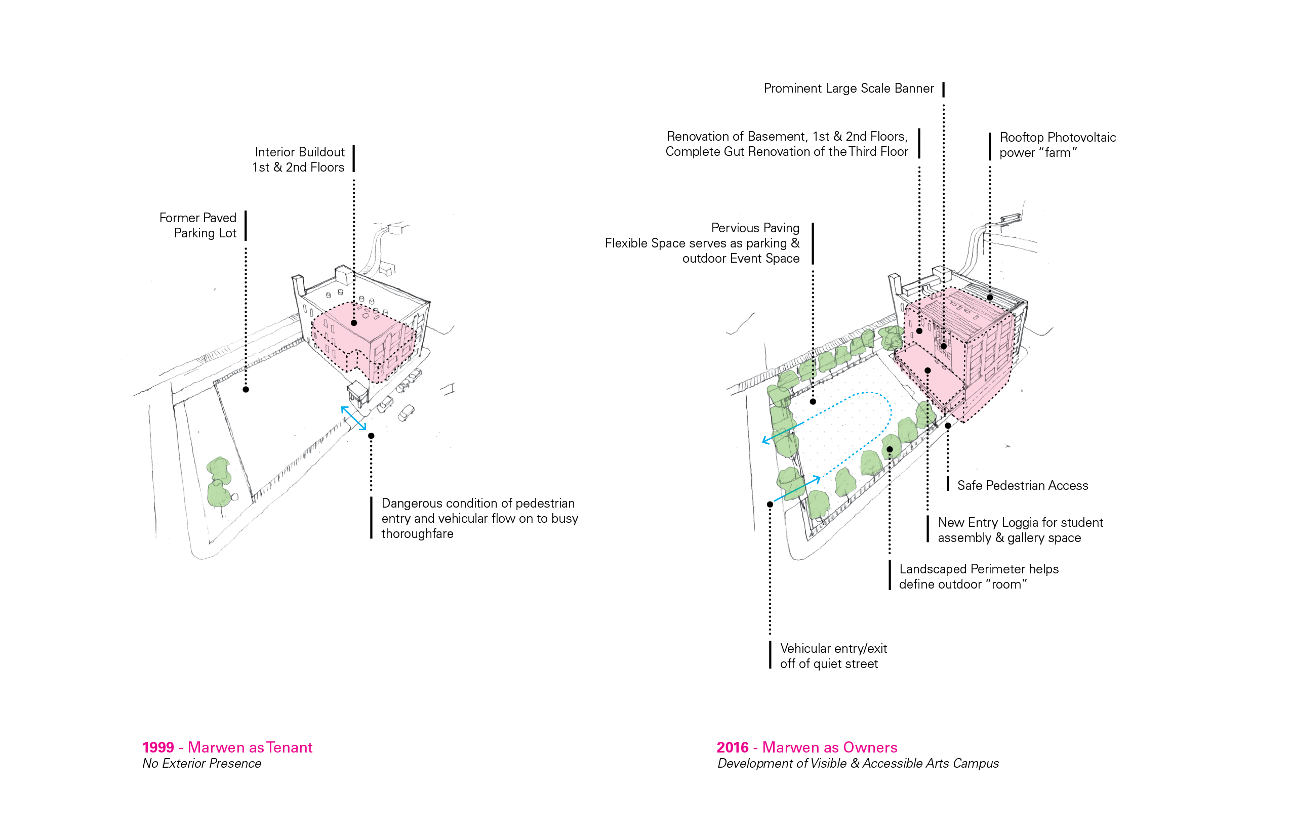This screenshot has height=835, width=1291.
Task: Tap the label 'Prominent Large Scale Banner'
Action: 849,89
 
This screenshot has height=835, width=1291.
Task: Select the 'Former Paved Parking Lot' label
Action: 198,225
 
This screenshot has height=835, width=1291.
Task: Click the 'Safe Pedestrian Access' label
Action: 1022,485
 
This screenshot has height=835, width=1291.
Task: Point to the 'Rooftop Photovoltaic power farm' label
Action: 1057,145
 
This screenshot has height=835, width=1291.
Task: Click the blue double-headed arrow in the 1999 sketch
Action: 354,418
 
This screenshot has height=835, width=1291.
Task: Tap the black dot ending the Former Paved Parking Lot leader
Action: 246,389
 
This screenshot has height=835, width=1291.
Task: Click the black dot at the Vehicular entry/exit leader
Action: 770,504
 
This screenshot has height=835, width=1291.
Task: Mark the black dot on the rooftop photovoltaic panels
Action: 990,297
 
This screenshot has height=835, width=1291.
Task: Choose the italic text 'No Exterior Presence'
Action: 202,764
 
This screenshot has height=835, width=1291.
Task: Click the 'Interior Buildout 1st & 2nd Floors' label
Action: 299,159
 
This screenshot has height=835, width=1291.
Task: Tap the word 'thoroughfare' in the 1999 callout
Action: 417,533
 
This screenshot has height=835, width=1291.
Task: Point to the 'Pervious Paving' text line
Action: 755,228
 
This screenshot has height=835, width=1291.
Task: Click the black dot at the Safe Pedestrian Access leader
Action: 948,426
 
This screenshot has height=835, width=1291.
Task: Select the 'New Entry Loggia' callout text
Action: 1020,530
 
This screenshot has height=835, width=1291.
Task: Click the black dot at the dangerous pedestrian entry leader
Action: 371,435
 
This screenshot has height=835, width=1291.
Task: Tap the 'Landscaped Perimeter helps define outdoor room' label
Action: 979,576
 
